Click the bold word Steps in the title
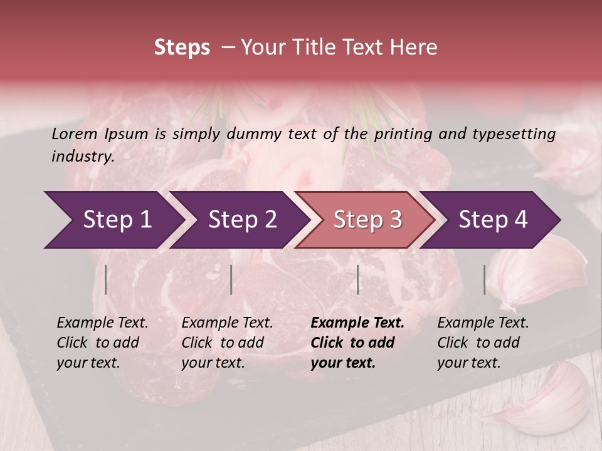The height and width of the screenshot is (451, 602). coord(182,47)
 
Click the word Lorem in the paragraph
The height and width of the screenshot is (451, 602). coord(73,133)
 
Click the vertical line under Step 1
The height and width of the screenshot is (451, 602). coord(106,279)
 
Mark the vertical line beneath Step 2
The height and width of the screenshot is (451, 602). coord(231,279)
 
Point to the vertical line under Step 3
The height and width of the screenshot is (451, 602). coord(357,279)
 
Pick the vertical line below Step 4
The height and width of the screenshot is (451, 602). coord(485,279)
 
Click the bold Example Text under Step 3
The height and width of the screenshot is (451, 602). coord(357,323)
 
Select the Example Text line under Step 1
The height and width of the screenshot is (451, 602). coord(102,323)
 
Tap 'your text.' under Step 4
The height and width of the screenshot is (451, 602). coord(468,363)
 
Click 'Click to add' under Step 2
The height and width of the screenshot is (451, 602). coord(223,343)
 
